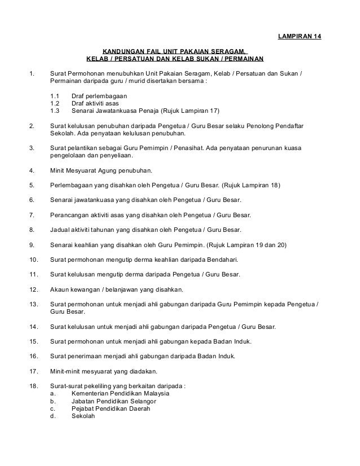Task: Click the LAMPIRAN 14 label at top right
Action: (x=300, y=38)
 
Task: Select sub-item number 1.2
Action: (x=55, y=103)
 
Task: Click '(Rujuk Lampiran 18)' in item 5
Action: (x=250, y=186)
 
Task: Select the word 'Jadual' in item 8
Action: (x=61, y=230)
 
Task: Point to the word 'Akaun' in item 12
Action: (x=60, y=289)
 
